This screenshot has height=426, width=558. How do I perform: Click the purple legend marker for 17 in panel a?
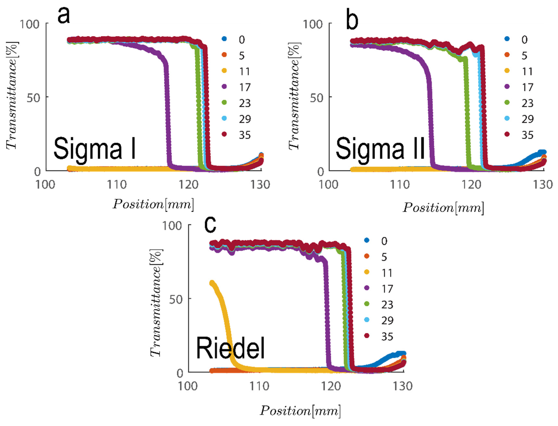[x=224, y=87]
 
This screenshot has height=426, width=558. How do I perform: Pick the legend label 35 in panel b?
[x=527, y=135]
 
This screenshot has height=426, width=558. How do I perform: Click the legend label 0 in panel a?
[x=242, y=40]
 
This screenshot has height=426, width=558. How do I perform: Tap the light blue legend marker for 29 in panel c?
[x=367, y=320]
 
